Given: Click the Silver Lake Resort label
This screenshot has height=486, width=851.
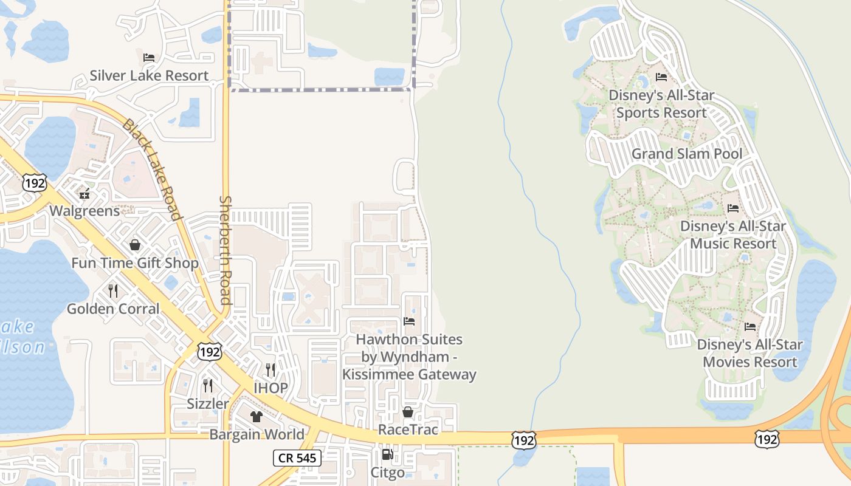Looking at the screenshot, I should pos(149,76).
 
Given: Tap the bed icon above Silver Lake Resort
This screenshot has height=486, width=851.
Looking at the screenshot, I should pos(149,58).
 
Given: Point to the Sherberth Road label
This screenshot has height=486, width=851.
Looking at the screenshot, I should pos(226,250).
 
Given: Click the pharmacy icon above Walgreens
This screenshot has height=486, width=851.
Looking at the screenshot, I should pos(84,194).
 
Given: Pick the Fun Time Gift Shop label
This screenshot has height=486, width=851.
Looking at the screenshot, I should pos(135,263).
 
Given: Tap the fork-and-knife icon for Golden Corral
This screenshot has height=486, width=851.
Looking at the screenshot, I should pos(113,290).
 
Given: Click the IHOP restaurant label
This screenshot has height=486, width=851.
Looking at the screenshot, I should pos(270,388).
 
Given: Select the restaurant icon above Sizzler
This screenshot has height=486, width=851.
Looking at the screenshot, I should pos(208,385).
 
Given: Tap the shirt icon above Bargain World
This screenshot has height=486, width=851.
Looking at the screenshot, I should pos(257,416).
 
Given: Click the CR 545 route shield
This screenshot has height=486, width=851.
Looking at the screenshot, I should pos(297,457).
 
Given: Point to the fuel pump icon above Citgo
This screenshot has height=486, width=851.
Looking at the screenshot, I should pos(387,454).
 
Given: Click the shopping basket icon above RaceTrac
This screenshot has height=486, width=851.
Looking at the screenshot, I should pos(408,412).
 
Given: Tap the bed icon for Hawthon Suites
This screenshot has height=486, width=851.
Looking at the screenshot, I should pos(409,321).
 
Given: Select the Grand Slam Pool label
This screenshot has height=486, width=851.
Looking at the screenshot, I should pos(687,154).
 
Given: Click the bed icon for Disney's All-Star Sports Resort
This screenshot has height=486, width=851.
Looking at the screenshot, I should pos(661,77).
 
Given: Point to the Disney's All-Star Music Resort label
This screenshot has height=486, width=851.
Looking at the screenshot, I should pos(732,234).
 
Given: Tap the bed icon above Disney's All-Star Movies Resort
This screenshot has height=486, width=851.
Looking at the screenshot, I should pos(750,327).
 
